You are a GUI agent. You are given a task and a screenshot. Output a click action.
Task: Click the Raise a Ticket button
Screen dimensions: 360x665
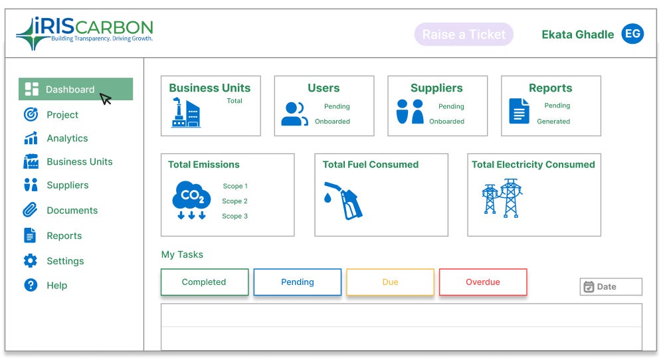tap(464, 35)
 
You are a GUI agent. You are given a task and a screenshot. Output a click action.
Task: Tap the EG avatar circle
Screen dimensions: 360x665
tap(632, 34)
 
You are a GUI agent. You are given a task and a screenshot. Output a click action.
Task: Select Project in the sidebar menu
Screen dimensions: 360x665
tap(62, 115)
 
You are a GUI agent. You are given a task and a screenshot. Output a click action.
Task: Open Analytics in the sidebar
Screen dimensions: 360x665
tap(67, 138)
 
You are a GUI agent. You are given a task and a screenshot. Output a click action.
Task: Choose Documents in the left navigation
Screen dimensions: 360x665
tap(72, 211)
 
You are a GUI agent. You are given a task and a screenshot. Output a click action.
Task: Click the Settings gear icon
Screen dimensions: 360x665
tap(31, 261)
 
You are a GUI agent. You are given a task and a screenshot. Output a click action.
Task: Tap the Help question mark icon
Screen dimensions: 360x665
tap(31, 286)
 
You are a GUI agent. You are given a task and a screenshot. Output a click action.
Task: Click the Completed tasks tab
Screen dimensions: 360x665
tap(204, 282)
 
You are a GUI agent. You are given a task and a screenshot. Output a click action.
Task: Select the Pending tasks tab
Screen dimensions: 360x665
tap(297, 282)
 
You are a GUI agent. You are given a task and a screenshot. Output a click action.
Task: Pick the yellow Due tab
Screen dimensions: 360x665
tap(390, 282)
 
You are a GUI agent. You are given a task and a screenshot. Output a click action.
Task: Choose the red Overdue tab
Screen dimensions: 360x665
tap(483, 282)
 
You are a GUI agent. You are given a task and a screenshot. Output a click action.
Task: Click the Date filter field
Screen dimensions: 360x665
tap(611, 287)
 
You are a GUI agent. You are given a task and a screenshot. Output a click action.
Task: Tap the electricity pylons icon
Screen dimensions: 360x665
tap(502, 197)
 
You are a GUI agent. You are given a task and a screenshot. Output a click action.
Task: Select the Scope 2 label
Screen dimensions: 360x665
tap(235, 201)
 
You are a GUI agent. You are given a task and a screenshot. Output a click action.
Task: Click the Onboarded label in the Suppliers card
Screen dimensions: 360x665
tap(446, 122)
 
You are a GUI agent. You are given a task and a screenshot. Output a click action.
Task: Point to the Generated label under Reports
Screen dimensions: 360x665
tap(553, 122)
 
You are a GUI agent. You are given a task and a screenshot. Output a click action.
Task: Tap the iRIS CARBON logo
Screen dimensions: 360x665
tap(85, 33)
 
